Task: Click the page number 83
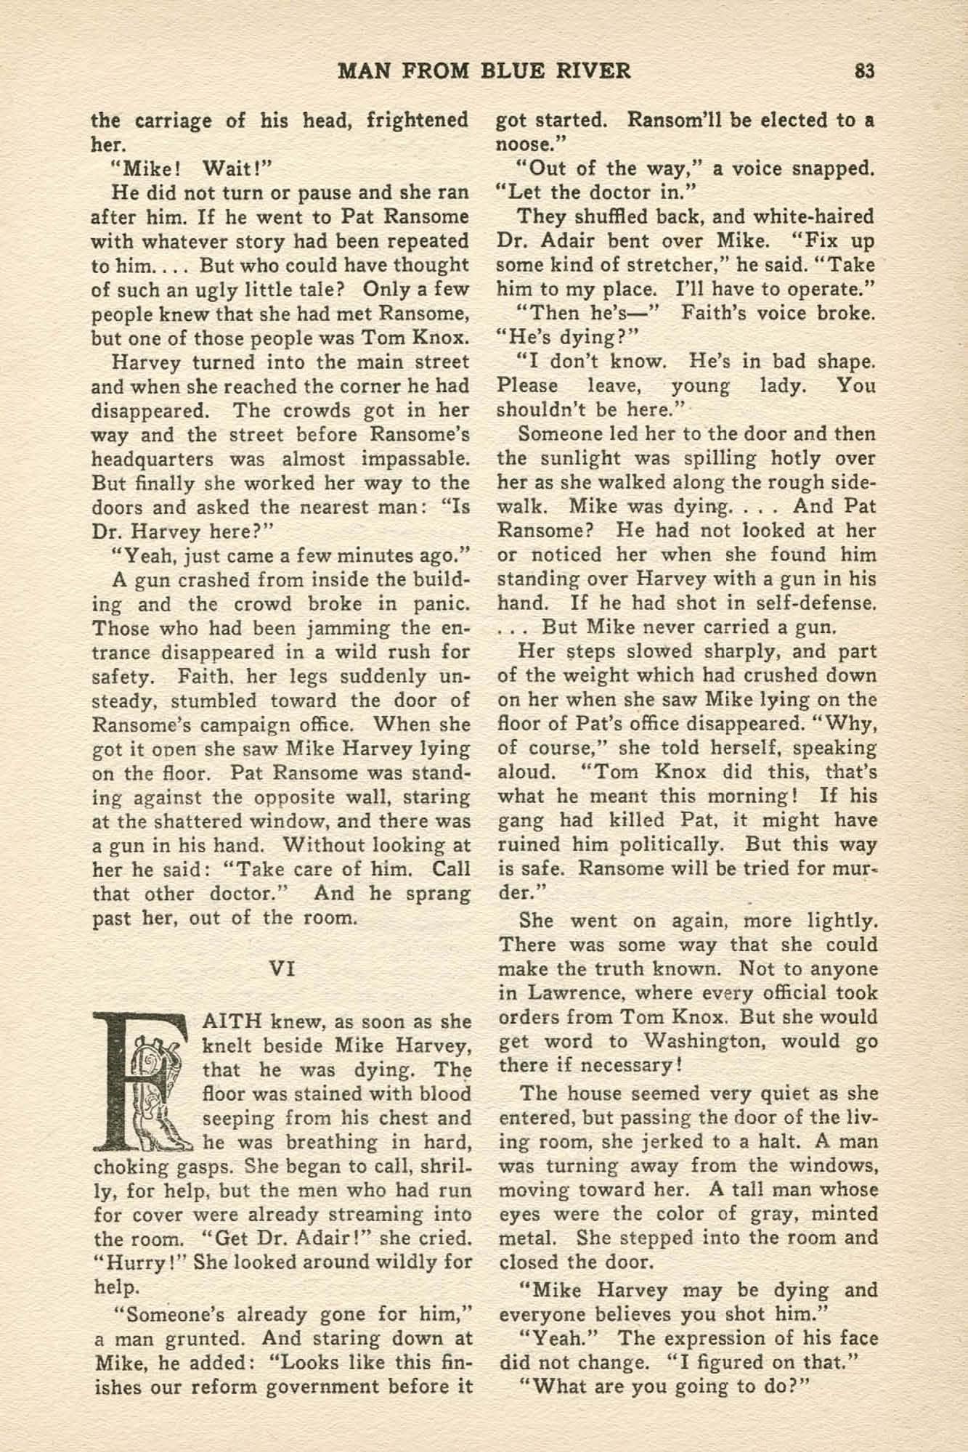[864, 70]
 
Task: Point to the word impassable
[418, 459]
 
